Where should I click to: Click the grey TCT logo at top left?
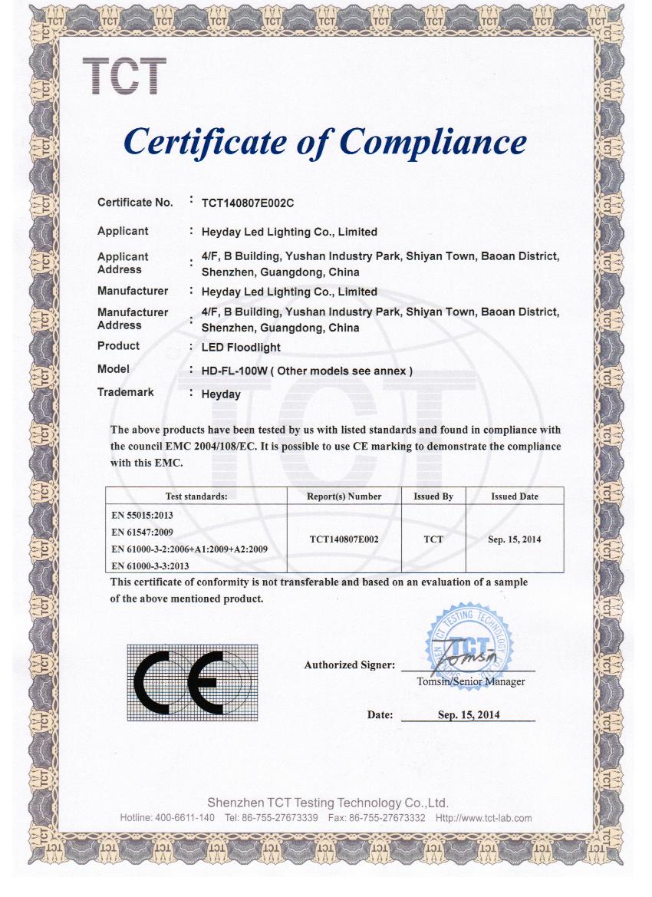[123, 76]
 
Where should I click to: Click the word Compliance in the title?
[433, 142]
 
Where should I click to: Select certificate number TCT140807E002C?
[248, 203]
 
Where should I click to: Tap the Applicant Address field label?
[123, 263]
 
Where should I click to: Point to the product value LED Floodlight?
[241, 347]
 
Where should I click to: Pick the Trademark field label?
[125, 392]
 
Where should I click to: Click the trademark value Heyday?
[221, 394]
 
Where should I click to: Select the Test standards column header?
[196, 496]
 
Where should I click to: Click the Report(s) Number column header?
[344, 496]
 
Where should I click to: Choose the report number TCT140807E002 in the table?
[344, 539]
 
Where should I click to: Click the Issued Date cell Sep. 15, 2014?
[514, 539]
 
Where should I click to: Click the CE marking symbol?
[192, 682]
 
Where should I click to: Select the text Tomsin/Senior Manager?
[470, 681]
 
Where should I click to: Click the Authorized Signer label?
[349, 665]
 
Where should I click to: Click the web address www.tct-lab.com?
[495, 818]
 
